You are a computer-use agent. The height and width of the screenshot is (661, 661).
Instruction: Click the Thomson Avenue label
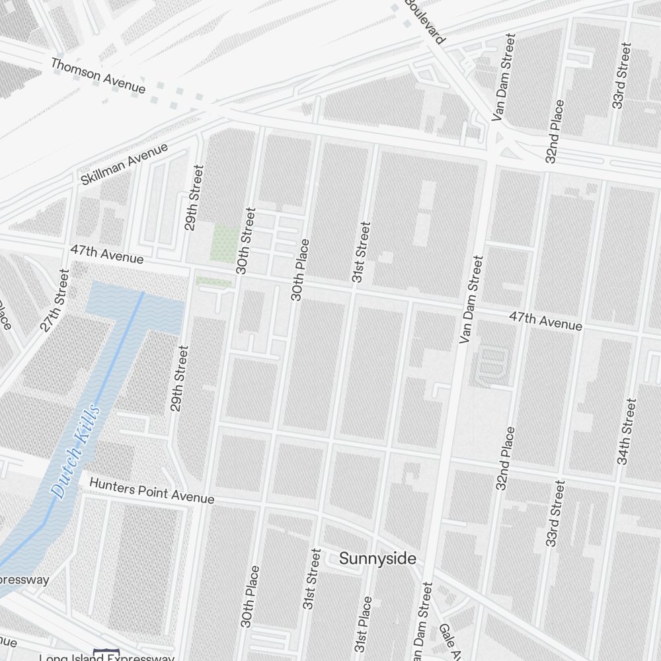[98, 75]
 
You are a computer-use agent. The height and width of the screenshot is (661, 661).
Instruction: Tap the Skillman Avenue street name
[124, 164]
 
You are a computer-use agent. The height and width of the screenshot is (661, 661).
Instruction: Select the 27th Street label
[54, 299]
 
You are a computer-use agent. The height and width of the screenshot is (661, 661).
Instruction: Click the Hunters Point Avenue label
[151, 492]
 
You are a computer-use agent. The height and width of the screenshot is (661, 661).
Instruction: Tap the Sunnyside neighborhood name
[377, 559]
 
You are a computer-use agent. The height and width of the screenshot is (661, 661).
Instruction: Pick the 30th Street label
[245, 241]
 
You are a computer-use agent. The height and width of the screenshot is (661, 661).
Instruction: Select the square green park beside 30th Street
[225, 243]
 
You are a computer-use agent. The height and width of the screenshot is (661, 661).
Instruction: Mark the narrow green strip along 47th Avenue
[213, 282]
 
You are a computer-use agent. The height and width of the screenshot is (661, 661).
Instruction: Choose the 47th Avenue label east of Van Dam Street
[545, 321]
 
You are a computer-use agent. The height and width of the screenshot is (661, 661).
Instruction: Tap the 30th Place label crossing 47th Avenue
[299, 270]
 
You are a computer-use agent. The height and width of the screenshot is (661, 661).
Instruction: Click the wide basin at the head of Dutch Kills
[136, 307]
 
